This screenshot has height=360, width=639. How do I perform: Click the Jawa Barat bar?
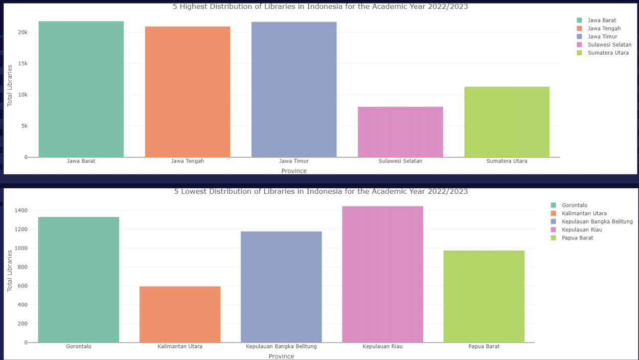coord(81,89)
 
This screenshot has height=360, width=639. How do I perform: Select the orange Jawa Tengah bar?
coord(187,92)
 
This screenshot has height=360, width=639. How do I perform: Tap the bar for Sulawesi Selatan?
coord(400,132)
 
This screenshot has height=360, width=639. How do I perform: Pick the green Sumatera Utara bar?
coord(507,122)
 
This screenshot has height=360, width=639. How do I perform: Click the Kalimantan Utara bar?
coord(180,314)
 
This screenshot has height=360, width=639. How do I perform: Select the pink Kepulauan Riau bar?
coord(382,274)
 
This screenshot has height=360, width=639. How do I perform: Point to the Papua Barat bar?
coord(484,296)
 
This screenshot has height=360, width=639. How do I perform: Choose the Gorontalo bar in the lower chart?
coord(78,279)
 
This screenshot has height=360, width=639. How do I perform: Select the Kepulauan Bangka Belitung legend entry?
coord(597,221)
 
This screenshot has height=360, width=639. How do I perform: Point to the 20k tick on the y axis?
coord(22,32)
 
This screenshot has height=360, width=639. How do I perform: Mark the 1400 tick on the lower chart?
coord(20,210)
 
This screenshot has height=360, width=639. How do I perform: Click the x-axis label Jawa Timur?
coord(294,161)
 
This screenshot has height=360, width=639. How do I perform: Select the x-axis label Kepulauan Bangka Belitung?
coord(281,346)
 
